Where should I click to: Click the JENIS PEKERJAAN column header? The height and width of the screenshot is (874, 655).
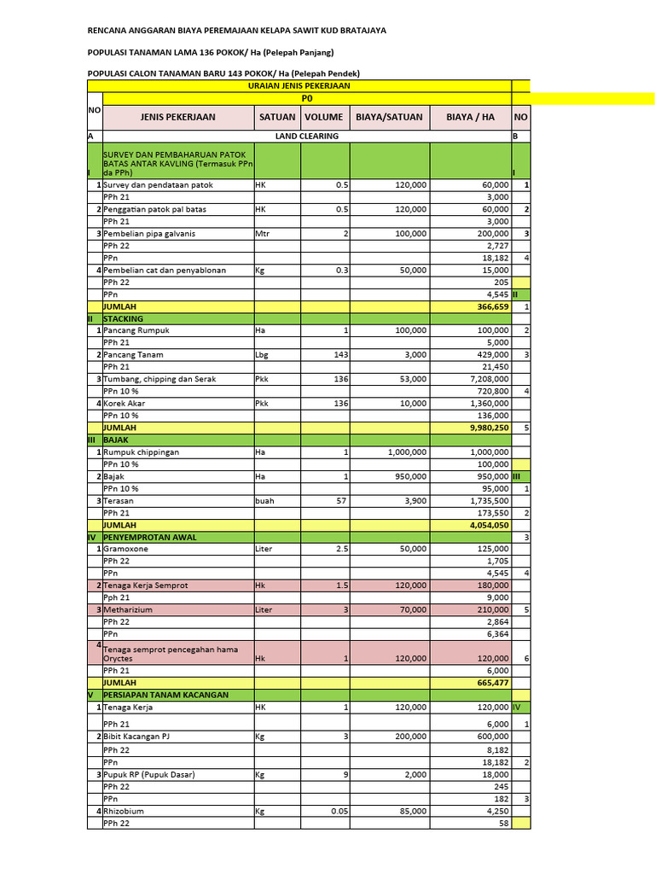click(x=178, y=117)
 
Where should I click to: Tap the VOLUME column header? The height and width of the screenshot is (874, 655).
click(x=324, y=117)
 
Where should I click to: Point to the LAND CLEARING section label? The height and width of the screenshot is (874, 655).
click(x=307, y=136)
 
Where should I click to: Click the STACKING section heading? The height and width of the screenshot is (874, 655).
click(x=123, y=318)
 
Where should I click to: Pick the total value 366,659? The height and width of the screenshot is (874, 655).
click(x=490, y=306)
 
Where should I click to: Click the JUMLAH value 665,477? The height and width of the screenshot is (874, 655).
click(x=490, y=683)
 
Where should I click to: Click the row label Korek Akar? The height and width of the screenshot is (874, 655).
click(x=125, y=403)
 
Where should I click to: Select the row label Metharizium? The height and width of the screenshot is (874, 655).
click(x=130, y=610)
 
